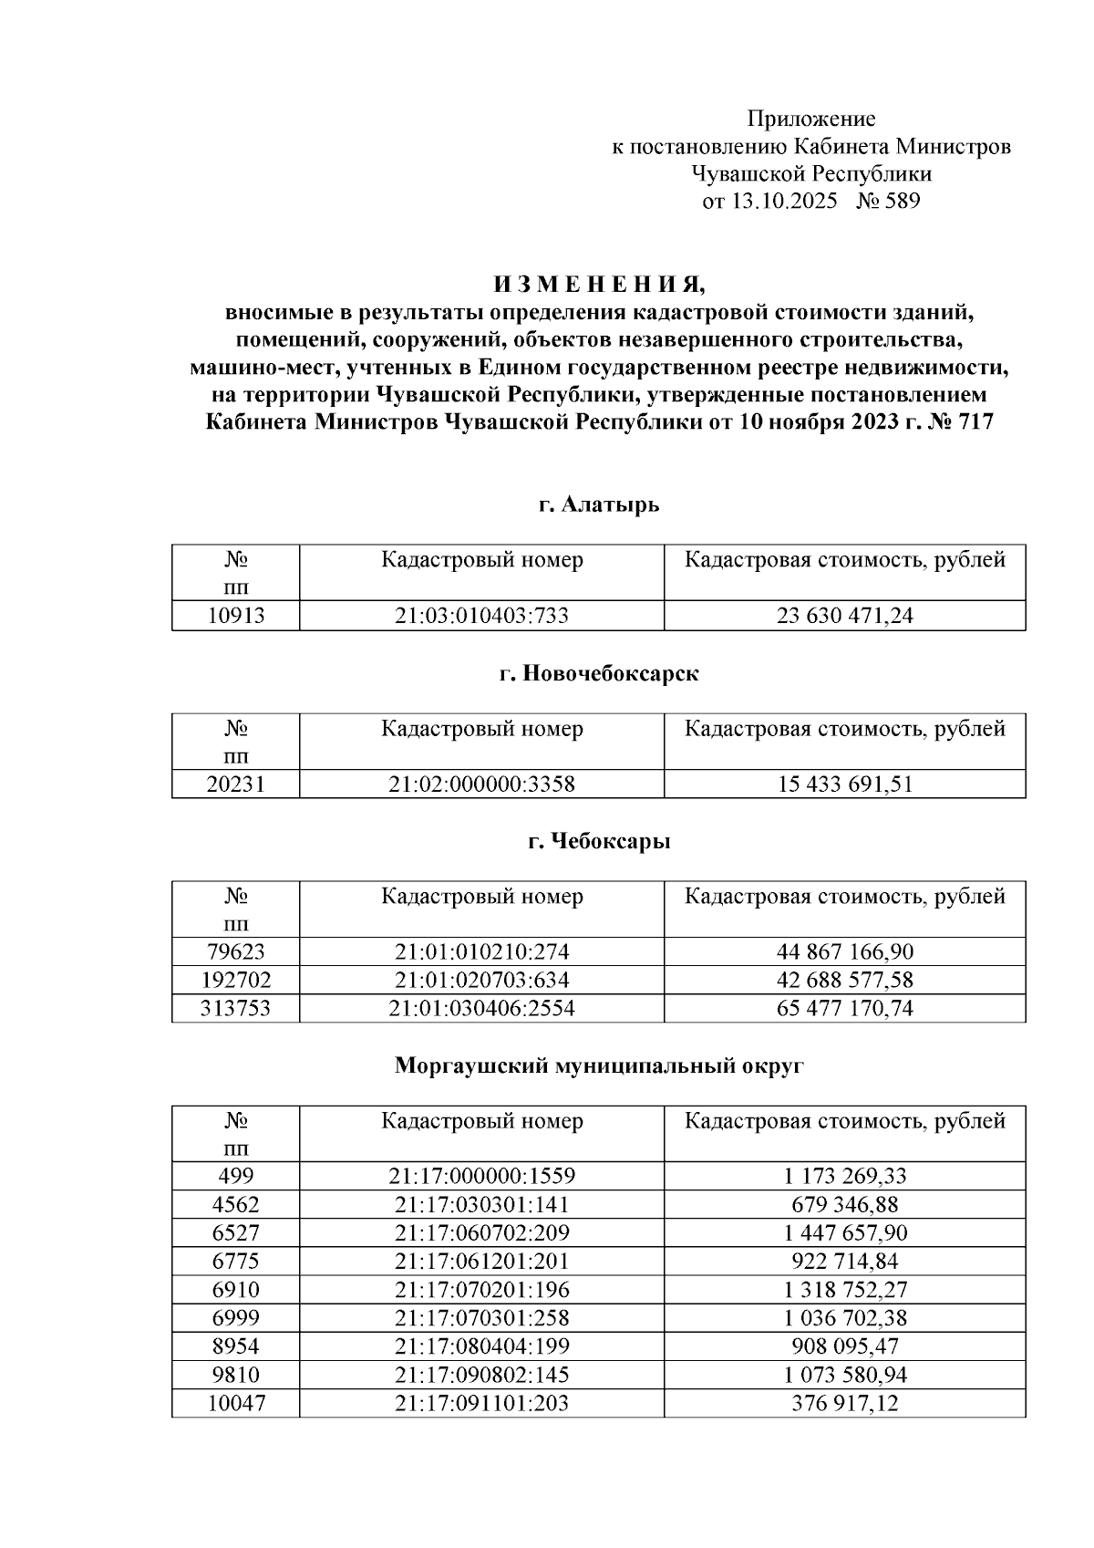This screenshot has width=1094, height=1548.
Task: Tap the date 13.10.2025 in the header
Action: click(x=783, y=201)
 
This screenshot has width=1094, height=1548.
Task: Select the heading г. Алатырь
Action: click(x=598, y=504)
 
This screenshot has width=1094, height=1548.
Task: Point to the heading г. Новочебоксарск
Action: click(x=598, y=674)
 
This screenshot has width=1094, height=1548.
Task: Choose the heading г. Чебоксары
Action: click(x=598, y=841)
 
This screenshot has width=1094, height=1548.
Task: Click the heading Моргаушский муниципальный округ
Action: click(x=598, y=1065)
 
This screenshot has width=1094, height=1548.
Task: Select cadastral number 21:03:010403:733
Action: click(x=481, y=616)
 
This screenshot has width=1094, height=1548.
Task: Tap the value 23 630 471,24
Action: click(x=844, y=616)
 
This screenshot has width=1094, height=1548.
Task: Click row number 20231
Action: click(x=235, y=784)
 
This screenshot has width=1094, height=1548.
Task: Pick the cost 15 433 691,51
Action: click(x=844, y=784)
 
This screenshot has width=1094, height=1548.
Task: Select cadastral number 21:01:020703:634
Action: click(x=481, y=980)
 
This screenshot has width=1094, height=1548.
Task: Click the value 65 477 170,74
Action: click(x=844, y=1008)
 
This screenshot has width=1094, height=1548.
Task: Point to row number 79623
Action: click(x=235, y=951)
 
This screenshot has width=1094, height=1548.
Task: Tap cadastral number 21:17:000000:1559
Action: click(x=481, y=1176)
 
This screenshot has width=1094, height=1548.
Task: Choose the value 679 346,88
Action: click(x=844, y=1204)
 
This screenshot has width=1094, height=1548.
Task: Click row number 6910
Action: click(x=235, y=1289)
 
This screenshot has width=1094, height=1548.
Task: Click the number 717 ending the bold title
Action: click(x=975, y=423)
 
